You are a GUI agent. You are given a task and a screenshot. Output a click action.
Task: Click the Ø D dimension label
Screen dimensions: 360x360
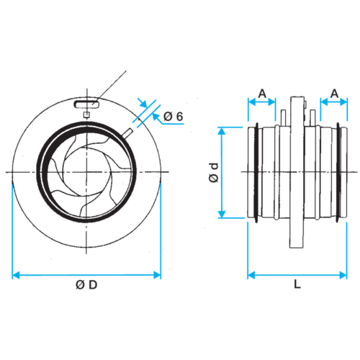pos(86,285)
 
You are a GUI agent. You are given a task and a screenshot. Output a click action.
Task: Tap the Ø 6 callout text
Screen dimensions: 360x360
pos(174,117)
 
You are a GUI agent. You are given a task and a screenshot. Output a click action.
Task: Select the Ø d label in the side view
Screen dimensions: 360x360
pos(214,173)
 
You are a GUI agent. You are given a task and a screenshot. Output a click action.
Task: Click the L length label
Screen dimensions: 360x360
pos(297,284)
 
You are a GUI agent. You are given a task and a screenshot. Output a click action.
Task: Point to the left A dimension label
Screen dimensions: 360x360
pos(262,94)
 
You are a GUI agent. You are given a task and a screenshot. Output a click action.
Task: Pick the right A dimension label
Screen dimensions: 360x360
pos(334,94)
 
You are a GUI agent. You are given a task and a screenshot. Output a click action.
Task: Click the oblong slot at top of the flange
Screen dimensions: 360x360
pos(87,104)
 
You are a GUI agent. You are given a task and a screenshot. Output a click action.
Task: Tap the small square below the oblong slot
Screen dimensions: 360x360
pos(86,115)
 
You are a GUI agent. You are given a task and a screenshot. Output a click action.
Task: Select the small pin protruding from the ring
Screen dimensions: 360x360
pos(127,133)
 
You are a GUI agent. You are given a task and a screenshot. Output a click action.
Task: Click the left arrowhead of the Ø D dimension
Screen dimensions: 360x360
pos(16,275)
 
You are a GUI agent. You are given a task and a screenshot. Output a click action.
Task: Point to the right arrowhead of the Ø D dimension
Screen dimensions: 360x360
pos(157,275)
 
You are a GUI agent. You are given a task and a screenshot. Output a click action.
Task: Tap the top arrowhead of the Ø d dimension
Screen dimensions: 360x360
pos(222,131)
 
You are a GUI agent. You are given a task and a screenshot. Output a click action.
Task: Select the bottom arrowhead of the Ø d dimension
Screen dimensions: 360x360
pos(222,214)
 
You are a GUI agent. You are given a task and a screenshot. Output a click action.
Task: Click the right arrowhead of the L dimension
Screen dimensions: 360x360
pos(343,275)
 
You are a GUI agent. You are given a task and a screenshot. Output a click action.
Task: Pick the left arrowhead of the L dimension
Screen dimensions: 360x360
pos(251,275)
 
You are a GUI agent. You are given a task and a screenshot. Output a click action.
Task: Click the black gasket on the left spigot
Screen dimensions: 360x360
pos(257,172)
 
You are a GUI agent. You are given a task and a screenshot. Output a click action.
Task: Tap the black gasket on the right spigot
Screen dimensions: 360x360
pos(338,172)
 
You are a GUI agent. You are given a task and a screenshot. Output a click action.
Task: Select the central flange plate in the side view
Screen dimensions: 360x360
pos(297,172)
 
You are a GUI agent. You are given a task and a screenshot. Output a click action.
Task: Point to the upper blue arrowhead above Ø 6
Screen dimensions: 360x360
pos(143,104)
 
